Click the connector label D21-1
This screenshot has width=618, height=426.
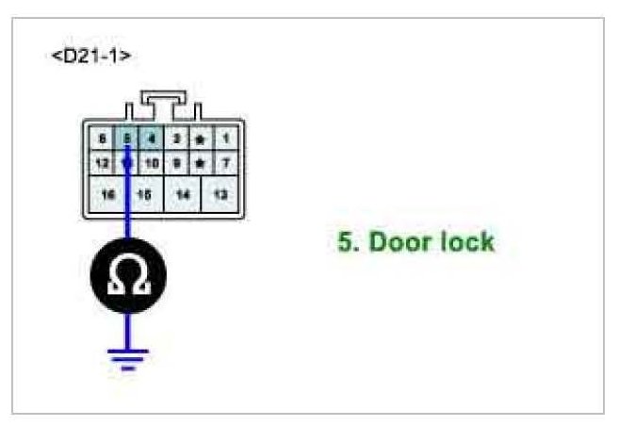click(91, 56)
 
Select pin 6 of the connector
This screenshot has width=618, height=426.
click(102, 138)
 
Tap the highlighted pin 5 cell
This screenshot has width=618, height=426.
click(126, 138)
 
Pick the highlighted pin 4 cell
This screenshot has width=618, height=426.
click(150, 138)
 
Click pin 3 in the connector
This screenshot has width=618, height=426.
click(175, 138)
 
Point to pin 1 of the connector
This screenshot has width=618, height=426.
click(225, 138)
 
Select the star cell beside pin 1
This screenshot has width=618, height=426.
click(200, 138)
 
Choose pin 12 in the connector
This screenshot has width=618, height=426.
click(102, 162)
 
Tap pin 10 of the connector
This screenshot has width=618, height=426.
click(151, 162)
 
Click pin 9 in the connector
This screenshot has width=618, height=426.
click(175, 162)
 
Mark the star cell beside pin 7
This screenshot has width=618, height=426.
click(200, 162)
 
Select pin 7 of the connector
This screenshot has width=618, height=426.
click(225, 162)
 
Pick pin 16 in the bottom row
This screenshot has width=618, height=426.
click(108, 193)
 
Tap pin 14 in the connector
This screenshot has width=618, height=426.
click(183, 193)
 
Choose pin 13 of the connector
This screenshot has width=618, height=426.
click(220, 193)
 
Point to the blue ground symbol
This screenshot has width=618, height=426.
click(127, 357)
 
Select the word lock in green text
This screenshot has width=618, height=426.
click(466, 242)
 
